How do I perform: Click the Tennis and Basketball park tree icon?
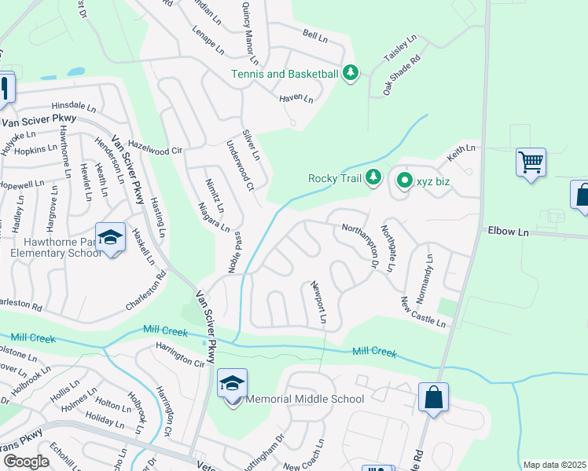coord(351,75)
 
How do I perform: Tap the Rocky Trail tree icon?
coord(374,178)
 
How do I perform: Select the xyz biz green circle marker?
coord(404,181)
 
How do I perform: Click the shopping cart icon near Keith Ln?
coord(531,162)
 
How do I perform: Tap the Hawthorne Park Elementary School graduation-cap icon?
coord(111,237)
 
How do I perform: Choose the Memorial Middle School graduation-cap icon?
coord(233,384)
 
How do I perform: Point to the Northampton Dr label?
coord(361,241)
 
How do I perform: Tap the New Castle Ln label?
coord(423,312)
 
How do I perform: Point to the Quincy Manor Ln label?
coord(248,42)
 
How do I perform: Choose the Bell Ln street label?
coord(314,35)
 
